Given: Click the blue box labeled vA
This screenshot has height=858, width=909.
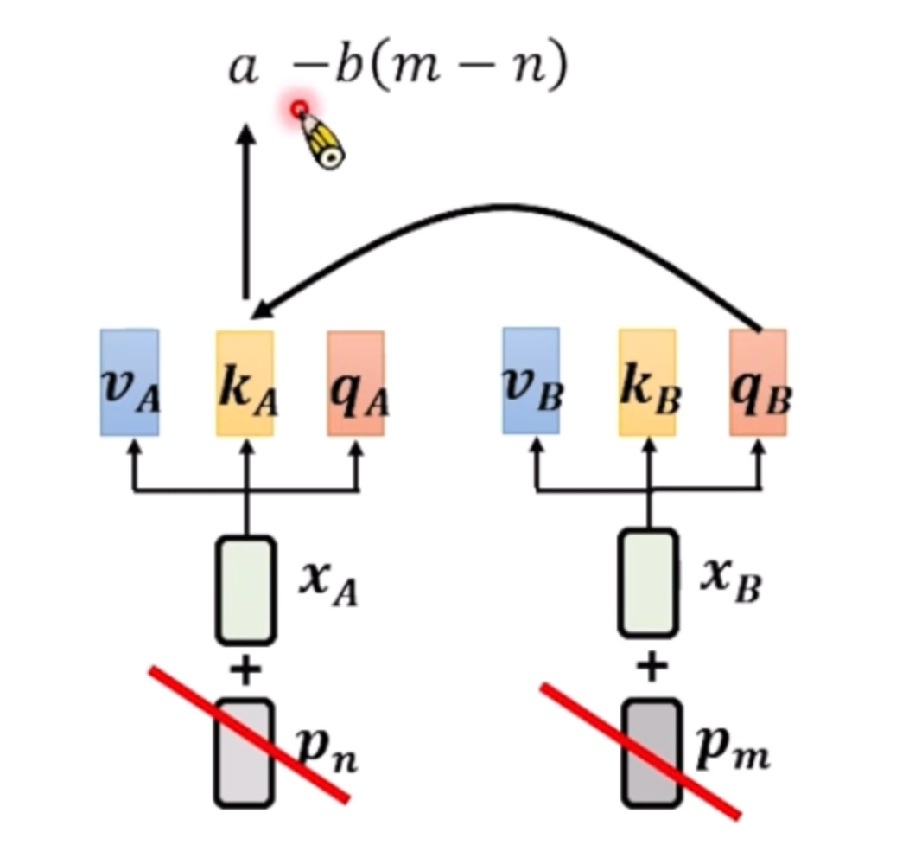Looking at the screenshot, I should [129, 381].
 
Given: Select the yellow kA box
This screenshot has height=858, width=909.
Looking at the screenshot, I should [245, 383].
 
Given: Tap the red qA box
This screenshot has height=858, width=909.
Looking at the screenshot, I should [355, 383].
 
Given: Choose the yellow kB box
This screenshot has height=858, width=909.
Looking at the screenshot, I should [647, 382].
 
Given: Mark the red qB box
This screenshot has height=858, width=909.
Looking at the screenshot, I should [758, 382].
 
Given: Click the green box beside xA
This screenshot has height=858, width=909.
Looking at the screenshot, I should [245, 590].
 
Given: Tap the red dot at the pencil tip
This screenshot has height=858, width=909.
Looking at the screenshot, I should [299, 110].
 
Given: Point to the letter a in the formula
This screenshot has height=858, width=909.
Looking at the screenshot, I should [243, 68].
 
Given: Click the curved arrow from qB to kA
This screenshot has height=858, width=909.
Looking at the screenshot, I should [510, 208].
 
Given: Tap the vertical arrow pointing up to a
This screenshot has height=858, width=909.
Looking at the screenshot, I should [246, 216].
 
